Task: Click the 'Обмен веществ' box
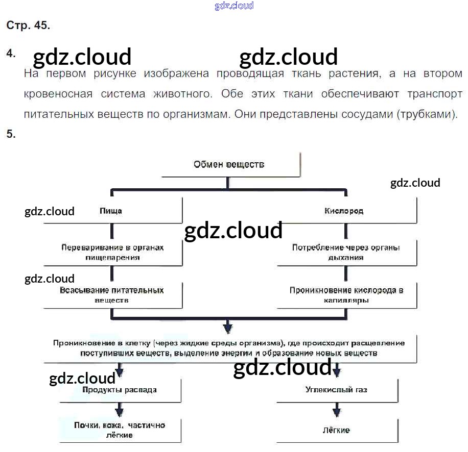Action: point(229,164)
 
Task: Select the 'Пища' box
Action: point(113,210)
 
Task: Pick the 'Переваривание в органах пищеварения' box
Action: point(113,252)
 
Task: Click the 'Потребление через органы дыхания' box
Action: point(346,252)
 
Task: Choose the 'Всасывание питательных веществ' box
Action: point(113,295)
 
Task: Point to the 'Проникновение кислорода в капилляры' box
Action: point(346,295)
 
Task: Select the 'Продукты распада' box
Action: point(120,390)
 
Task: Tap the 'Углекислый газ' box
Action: point(336,390)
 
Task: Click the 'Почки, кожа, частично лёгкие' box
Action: point(120,430)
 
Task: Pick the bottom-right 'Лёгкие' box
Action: point(336,430)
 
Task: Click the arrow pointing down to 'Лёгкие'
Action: point(336,410)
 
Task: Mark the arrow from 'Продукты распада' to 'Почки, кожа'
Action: point(120,410)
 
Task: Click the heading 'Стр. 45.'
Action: point(28,26)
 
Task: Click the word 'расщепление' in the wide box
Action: point(381,343)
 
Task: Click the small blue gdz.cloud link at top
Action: point(234,6)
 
